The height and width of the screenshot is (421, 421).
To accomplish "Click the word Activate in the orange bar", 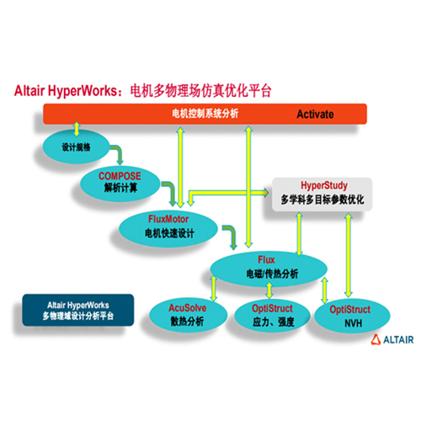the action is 315,115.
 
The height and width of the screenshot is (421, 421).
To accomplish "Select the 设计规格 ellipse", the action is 76,147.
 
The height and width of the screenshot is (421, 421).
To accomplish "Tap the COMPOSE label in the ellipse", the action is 120,176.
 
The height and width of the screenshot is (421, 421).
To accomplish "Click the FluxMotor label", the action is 168,219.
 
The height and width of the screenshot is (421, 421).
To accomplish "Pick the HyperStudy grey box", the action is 322,195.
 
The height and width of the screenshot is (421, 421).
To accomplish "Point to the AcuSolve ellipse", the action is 188,315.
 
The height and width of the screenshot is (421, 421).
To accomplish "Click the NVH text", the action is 353,323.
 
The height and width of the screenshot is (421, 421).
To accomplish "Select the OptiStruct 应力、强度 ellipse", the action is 272,315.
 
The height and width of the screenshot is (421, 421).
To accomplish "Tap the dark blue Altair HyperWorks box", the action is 78,310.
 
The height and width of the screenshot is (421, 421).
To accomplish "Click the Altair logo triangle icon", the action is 376,339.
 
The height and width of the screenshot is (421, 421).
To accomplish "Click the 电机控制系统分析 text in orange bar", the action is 205,114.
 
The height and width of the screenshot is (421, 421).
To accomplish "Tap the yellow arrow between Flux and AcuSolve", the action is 214,289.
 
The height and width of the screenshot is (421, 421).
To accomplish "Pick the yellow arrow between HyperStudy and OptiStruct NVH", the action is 349,255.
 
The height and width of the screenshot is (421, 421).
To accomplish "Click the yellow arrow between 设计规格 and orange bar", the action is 77,129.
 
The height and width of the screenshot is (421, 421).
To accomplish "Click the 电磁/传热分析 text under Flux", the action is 272,274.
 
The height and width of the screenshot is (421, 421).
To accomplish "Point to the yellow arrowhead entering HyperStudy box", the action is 265,192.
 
